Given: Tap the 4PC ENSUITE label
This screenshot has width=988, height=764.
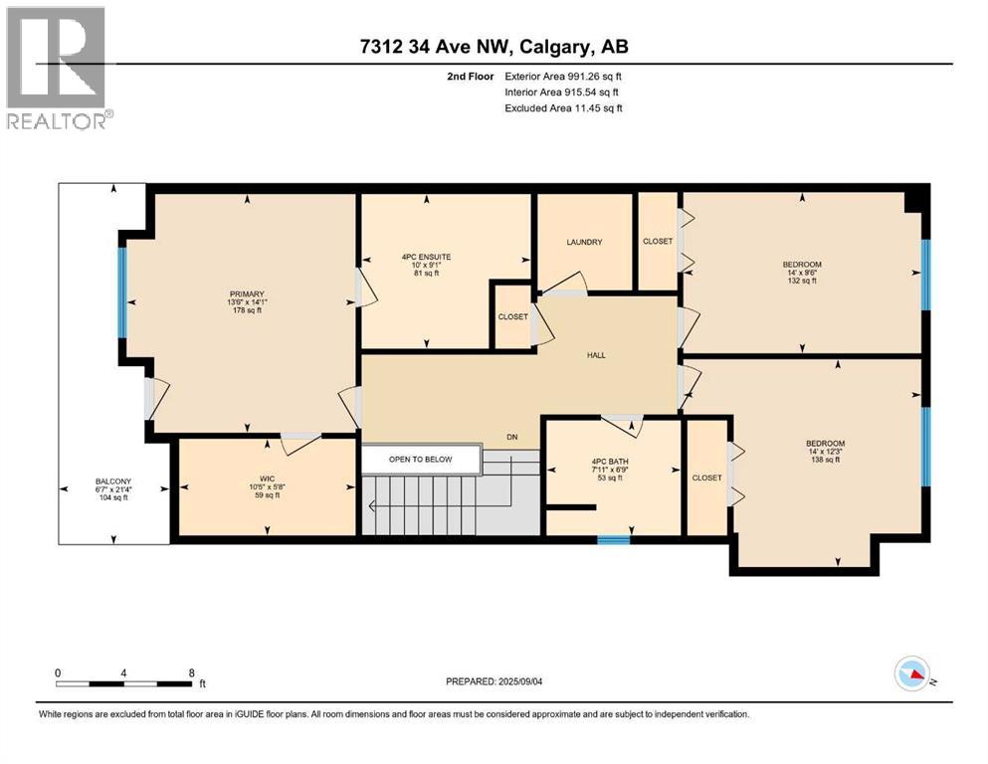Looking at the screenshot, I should click(x=426, y=257).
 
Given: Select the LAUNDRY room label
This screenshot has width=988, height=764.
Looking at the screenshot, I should click(x=584, y=242).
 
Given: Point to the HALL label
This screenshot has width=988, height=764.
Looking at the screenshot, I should click(x=596, y=355).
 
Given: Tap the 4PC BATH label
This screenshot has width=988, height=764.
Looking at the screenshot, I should click(x=609, y=461).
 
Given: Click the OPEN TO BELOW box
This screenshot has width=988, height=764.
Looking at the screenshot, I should click(x=420, y=460).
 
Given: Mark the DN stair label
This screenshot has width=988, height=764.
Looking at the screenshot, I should click(x=511, y=436).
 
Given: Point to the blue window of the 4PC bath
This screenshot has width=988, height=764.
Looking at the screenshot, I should click(x=613, y=540).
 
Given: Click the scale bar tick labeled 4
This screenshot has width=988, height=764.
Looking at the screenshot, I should click(x=123, y=672).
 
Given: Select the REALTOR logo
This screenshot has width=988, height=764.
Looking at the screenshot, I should click(x=57, y=68).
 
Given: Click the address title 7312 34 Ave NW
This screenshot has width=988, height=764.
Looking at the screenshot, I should click(x=493, y=46).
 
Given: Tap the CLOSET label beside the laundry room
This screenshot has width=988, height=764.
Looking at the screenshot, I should click(x=658, y=242).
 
